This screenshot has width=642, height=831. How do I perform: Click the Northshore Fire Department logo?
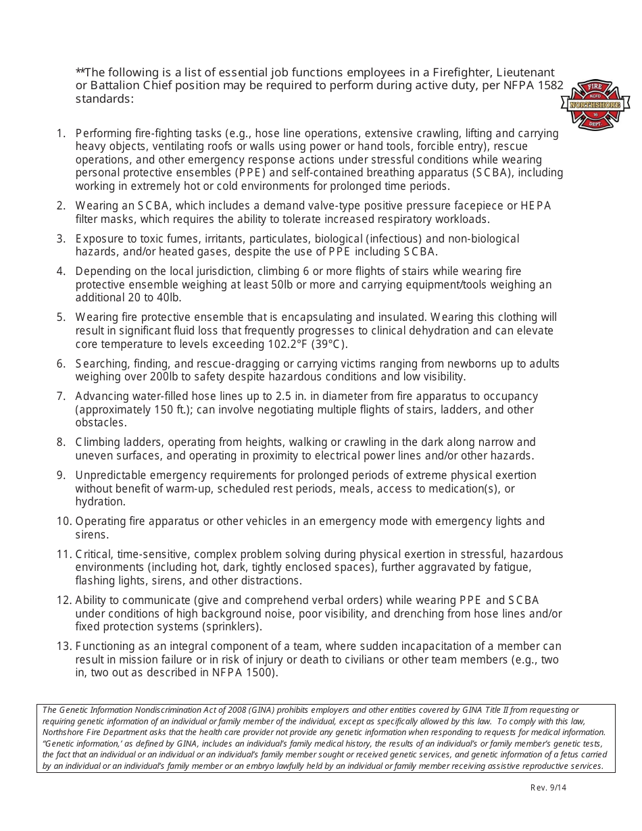(x=595, y=105)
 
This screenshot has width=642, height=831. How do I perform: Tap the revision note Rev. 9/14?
(x=549, y=787)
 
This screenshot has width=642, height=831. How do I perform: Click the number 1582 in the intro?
(x=549, y=86)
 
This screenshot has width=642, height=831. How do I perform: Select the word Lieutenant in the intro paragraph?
(x=526, y=72)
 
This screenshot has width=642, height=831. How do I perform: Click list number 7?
(x=61, y=397)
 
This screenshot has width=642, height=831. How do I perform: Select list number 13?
(x=64, y=647)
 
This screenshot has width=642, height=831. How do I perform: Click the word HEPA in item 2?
(x=535, y=205)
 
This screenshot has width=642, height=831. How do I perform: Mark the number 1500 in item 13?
(x=260, y=673)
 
